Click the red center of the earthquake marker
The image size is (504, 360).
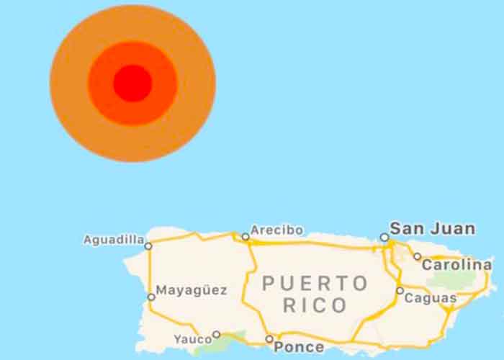(132, 84)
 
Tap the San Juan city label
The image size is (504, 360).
(432, 229)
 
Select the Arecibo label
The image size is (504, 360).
(276, 231)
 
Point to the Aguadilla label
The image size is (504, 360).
(114, 240)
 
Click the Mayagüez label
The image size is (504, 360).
(192, 291)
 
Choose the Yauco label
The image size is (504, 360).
(192, 339)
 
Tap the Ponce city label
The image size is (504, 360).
(299, 347)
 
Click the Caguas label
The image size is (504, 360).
(431, 297)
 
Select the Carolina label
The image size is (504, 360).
(456, 264)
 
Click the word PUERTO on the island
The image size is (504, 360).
(315, 283)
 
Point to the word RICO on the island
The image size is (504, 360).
(315, 305)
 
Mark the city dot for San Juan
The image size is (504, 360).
(384, 237)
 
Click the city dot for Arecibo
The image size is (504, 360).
(246, 236)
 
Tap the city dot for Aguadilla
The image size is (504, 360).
(148, 246)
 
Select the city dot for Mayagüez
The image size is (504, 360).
(151, 297)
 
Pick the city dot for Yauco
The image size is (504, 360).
(216, 335)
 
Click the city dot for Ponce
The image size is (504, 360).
(269, 338)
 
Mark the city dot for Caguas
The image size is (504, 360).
(400, 291)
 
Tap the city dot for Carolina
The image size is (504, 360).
(417, 256)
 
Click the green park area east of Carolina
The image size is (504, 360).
(461, 279)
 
